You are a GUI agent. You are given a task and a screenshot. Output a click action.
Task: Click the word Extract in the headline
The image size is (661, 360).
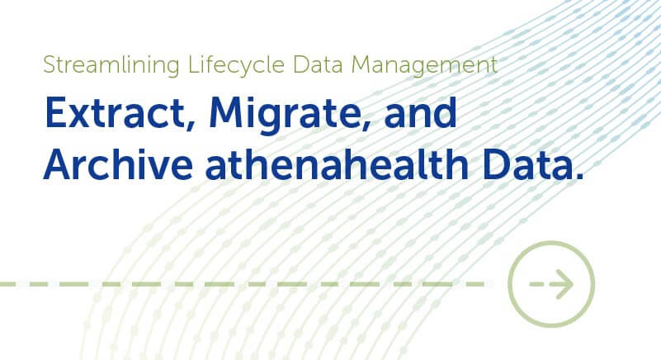(97, 114)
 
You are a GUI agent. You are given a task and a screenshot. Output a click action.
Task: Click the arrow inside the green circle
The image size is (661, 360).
(551, 285)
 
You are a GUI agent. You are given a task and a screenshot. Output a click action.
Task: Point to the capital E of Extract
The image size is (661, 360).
(51, 114)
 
